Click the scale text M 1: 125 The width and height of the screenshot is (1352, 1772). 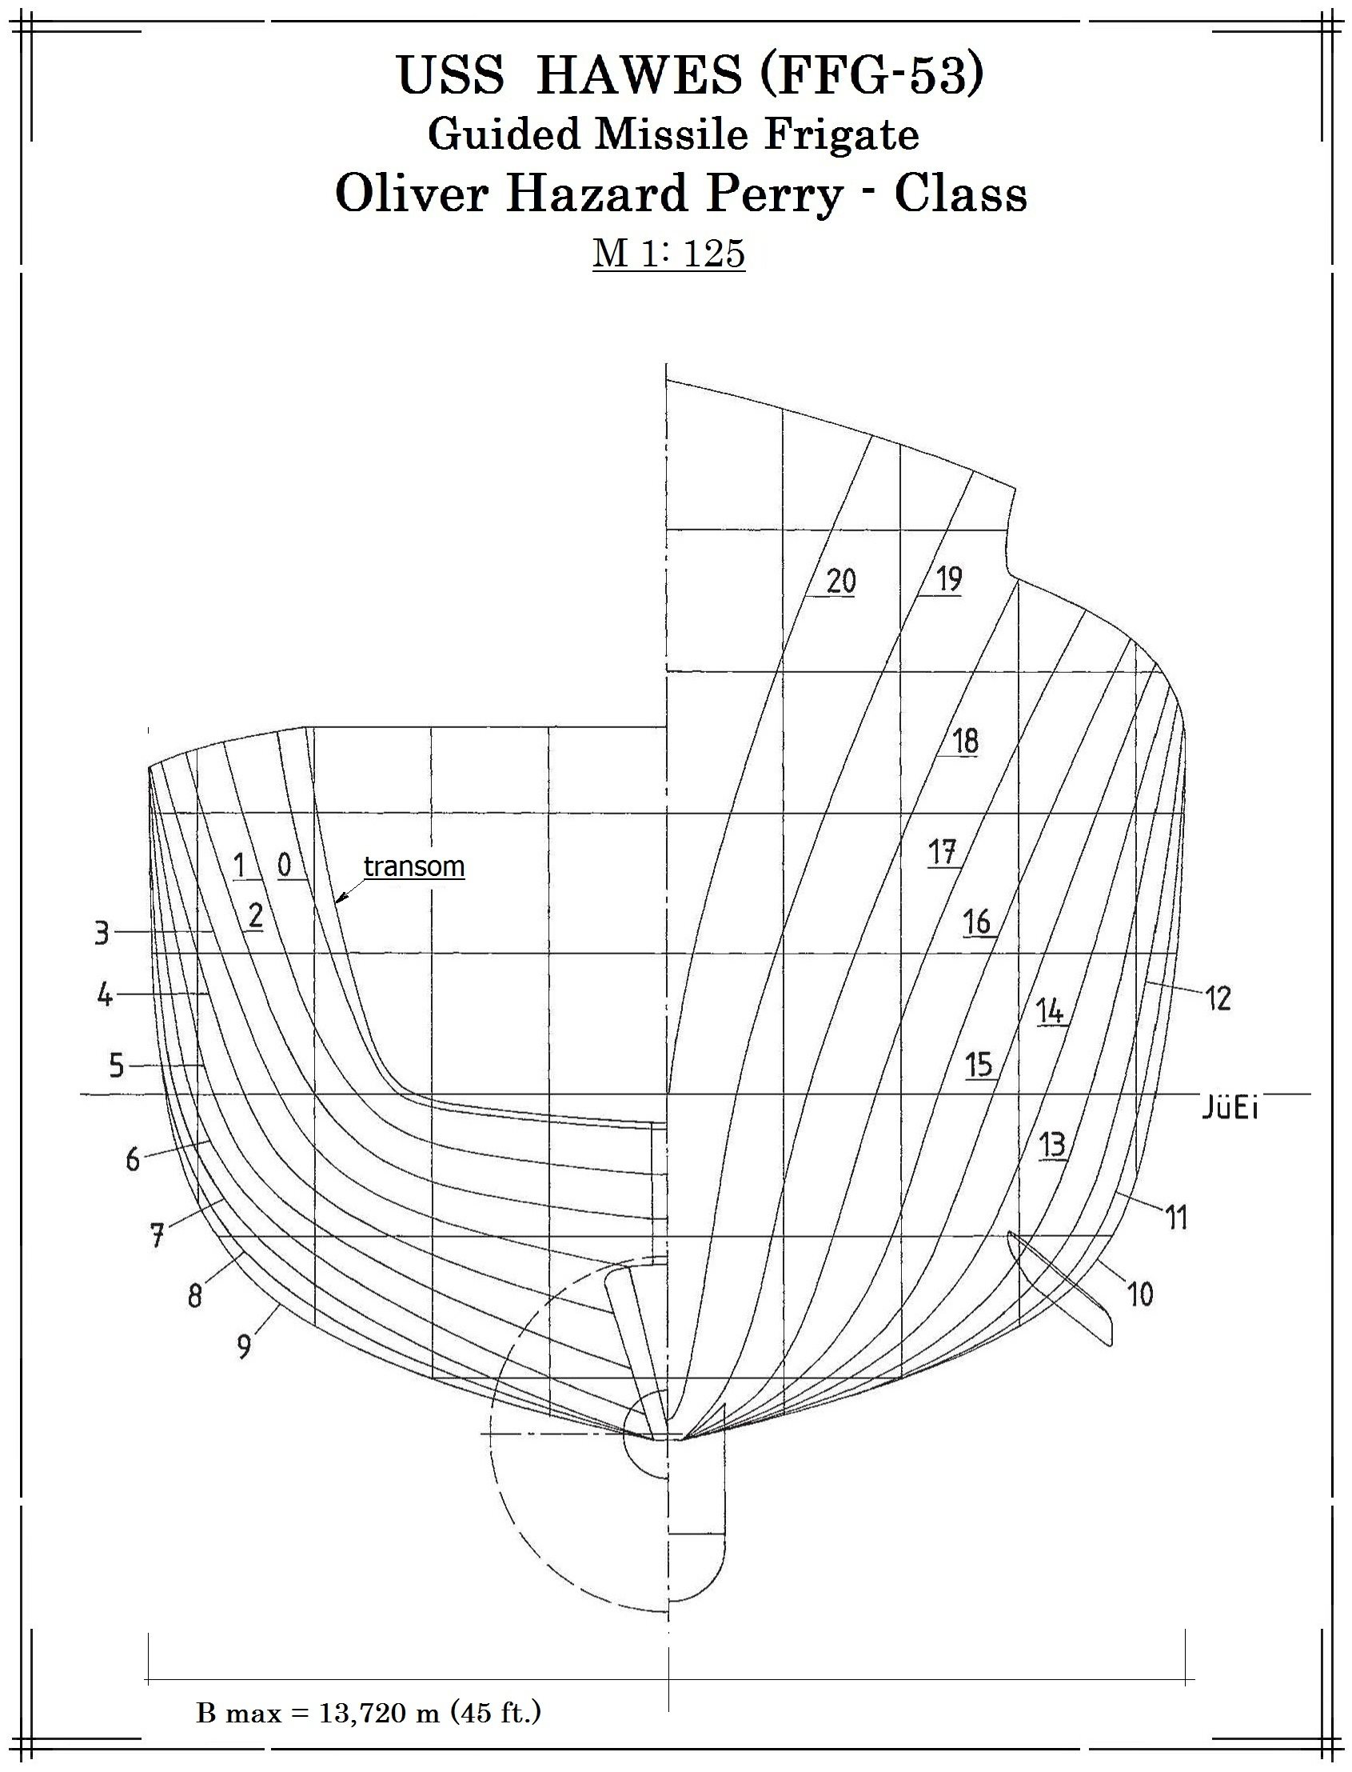(x=668, y=253)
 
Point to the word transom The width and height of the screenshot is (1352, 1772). (x=414, y=866)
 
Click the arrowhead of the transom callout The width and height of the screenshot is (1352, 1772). (x=341, y=898)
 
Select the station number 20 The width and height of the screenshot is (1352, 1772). (x=841, y=581)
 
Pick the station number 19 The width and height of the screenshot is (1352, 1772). (x=949, y=578)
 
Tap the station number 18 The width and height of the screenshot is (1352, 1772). (x=966, y=741)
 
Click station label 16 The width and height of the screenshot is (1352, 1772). (x=977, y=922)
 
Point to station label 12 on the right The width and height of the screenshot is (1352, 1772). (x=1218, y=999)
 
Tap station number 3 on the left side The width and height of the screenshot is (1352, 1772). (x=102, y=934)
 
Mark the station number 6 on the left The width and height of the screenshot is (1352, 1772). (x=133, y=1160)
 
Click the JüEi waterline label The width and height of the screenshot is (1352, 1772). (x=1230, y=1108)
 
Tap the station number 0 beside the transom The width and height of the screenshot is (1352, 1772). (x=285, y=866)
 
